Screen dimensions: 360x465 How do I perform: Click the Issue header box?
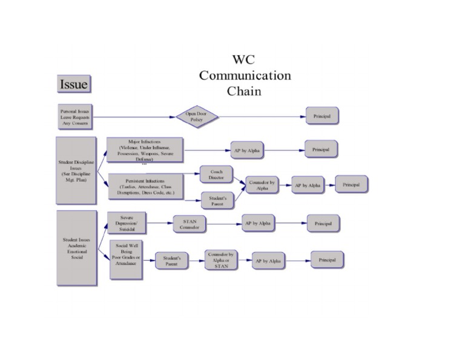tap(74, 84)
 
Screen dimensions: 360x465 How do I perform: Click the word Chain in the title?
tap(244, 92)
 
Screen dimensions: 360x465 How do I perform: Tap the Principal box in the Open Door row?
tap(322, 116)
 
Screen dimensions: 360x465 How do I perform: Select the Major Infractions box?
tap(145, 149)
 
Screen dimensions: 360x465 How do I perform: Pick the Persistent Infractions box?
tap(145, 187)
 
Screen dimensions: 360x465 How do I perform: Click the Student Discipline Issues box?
tap(76, 170)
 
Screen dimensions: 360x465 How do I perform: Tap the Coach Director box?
tap(216, 175)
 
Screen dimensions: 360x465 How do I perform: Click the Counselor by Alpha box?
tap(262, 185)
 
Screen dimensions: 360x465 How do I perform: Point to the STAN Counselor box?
tap(190, 224)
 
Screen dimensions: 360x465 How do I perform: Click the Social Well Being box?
tap(127, 259)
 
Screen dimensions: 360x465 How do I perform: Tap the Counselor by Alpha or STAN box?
tap(221, 261)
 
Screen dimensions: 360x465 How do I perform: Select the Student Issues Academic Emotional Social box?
tap(76, 248)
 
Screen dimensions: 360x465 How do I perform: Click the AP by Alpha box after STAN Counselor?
tap(258, 224)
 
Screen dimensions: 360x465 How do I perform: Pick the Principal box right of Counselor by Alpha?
tap(351, 184)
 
